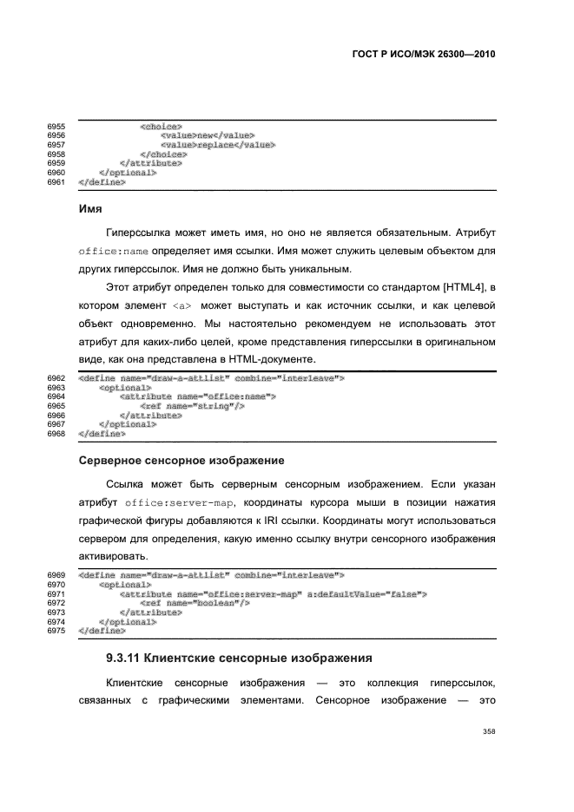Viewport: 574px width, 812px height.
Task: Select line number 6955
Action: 56,128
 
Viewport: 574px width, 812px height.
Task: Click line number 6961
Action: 56,182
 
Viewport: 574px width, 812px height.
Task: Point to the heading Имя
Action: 91,210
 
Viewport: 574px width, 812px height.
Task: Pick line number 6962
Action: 56,378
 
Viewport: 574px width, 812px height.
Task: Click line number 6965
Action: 56,405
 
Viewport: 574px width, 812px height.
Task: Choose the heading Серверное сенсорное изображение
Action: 182,457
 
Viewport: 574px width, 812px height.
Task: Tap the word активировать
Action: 113,558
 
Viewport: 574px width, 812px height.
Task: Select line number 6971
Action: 56,593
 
